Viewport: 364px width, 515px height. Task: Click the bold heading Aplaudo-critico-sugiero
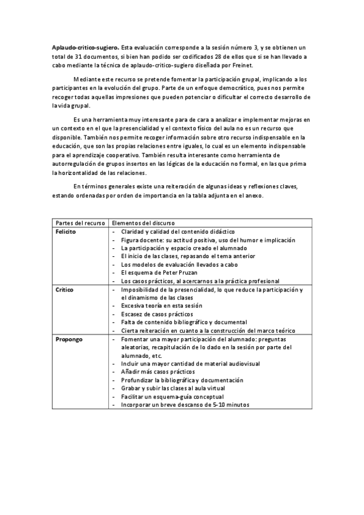tap(85, 47)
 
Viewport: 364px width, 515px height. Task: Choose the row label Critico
tap(64, 290)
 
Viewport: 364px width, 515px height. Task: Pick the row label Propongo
tap(67, 339)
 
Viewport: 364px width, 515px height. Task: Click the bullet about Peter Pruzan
tap(160, 273)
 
